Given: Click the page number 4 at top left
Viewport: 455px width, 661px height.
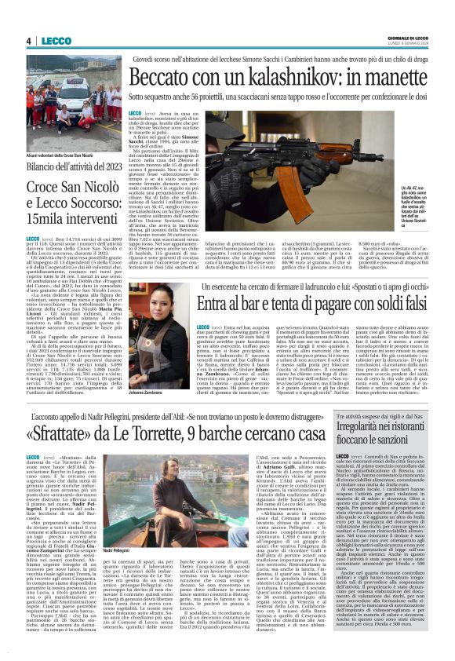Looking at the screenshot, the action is click(x=28, y=41).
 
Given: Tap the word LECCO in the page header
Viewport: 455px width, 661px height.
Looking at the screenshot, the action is click(x=55, y=41).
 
